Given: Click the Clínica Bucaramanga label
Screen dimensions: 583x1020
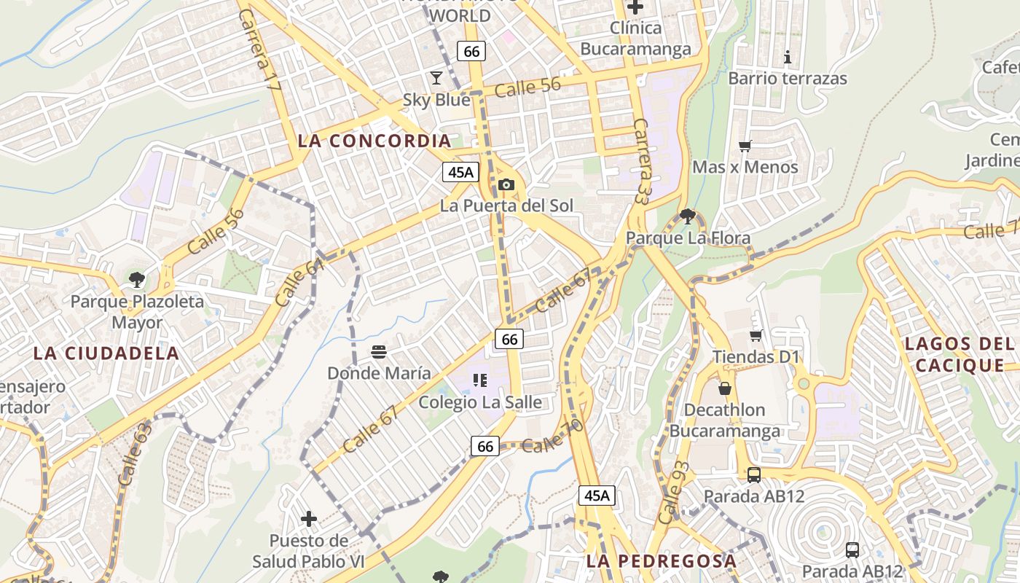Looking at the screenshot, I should [x=635, y=39].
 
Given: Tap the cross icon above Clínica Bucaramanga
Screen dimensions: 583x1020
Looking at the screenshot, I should [x=635, y=7].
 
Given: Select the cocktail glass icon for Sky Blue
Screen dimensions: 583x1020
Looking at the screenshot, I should [x=436, y=77].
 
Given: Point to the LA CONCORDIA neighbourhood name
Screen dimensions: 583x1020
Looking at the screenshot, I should [x=374, y=141].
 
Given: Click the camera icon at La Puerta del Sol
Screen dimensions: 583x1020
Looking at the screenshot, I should [x=506, y=185].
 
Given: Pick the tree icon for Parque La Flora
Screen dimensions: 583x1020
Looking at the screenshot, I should [x=687, y=216].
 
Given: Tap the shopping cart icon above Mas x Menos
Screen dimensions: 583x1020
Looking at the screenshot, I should [x=745, y=146].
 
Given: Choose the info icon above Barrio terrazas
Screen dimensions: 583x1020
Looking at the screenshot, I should [x=787, y=57].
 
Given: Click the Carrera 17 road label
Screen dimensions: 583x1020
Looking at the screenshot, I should [x=259, y=50].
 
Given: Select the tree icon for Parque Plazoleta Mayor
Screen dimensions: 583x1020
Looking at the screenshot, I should [x=136, y=278].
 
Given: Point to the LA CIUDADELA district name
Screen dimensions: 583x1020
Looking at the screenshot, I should [x=106, y=353].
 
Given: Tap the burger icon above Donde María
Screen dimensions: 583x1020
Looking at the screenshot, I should [x=378, y=352].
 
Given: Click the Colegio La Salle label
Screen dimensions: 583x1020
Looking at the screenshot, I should [x=480, y=402].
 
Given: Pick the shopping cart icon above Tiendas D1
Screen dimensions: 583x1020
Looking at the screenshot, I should [x=756, y=335].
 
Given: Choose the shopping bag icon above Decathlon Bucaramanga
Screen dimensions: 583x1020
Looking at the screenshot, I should [x=724, y=388].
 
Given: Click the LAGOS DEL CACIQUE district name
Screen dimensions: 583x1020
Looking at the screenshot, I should [x=960, y=354].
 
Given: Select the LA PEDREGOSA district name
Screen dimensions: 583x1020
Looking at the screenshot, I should [x=662, y=561].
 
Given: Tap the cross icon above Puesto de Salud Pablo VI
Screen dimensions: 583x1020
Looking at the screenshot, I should [x=309, y=519].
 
